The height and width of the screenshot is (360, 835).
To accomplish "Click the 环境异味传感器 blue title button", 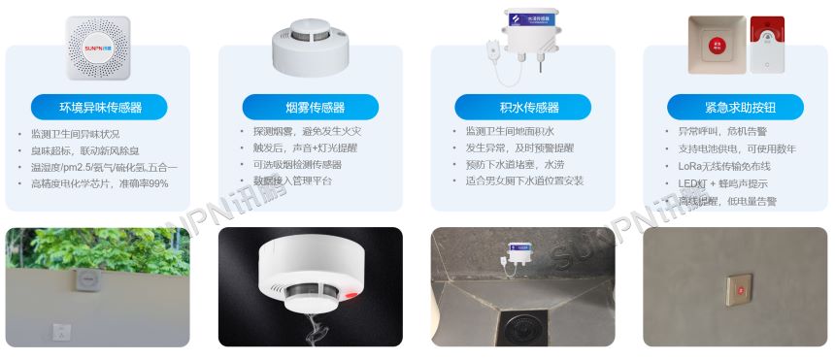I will [x=99, y=107].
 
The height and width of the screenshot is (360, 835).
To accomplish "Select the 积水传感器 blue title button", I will [x=522, y=107].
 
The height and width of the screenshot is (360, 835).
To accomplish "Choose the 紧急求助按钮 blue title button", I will [x=735, y=107].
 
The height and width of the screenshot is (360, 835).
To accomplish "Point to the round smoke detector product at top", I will [x=311, y=48].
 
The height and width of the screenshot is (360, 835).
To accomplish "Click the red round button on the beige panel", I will [x=718, y=45].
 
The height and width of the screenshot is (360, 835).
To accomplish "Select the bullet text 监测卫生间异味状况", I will [x=76, y=134].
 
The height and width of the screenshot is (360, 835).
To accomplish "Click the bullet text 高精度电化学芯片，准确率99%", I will [x=100, y=183].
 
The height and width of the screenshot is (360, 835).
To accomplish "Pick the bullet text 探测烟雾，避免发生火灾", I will [x=300, y=132].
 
